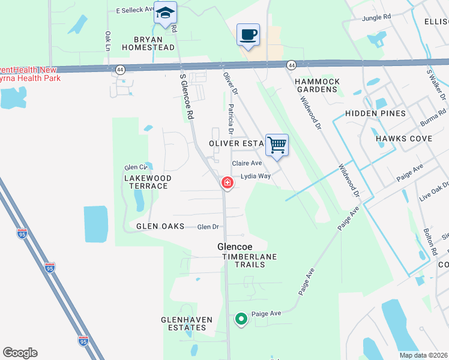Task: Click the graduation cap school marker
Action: point(165,13)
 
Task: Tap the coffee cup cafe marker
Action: point(247,34)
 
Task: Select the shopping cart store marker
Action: point(277,145)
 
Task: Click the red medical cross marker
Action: point(228,183)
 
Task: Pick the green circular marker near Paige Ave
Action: point(241,319)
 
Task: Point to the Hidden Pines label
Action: point(376,113)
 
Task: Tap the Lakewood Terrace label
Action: point(148,182)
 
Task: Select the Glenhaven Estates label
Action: point(187,323)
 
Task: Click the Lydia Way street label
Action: point(256,176)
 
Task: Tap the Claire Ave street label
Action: point(247,163)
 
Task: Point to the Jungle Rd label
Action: point(376,18)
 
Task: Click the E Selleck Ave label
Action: point(134,11)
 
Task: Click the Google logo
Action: point(20,353)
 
